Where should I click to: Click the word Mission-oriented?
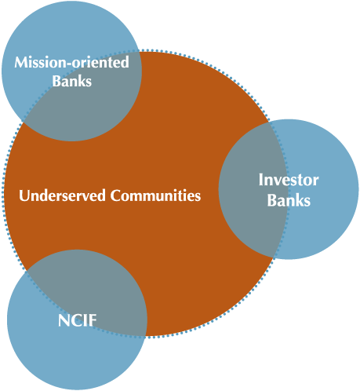pyautogui.click(x=71, y=62)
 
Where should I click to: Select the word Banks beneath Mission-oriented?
pyautogui.click(x=72, y=81)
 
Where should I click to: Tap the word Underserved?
pyautogui.click(x=62, y=195)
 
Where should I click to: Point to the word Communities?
pyautogui.click(x=155, y=195)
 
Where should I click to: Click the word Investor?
pyautogui.click(x=289, y=180)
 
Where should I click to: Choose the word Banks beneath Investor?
pyautogui.click(x=289, y=200)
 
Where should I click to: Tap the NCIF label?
pyautogui.click(x=77, y=320)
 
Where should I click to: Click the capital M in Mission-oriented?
pyautogui.click(x=20, y=62)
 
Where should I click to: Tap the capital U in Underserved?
pyautogui.click(x=24, y=195)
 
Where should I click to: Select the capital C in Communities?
pyautogui.click(x=115, y=195)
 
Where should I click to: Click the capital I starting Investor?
pyautogui.click(x=261, y=180)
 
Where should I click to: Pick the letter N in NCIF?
pyautogui.click(x=64, y=320)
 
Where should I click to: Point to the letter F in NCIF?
pyautogui.click(x=93, y=320)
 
